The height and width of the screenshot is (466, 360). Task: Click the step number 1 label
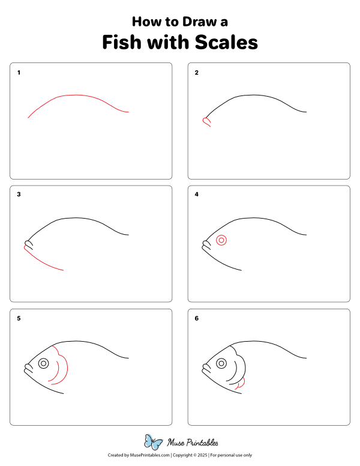pyautogui.click(x=19, y=73)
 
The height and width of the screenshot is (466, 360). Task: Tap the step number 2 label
pyautogui.click(x=196, y=73)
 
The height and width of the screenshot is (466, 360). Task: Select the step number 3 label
pyautogui.click(x=19, y=195)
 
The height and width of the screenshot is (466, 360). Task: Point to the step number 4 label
pyautogui.click(x=196, y=195)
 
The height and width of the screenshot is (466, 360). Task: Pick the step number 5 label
pyautogui.click(x=19, y=319)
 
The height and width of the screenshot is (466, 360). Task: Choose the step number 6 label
pyautogui.click(x=196, y=319)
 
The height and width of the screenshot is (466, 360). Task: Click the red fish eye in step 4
pyautogui.click(x=221, y=240)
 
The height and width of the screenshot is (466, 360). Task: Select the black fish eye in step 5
pyautogui.click(x=43, y=363)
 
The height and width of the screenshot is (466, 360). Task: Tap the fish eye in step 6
pyautogui.click(x=221, y=363)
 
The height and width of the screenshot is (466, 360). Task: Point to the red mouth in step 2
pyautogui.click(x=206, y=122)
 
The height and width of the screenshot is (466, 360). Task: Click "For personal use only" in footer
pyautogui.click(x=231, y=456)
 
